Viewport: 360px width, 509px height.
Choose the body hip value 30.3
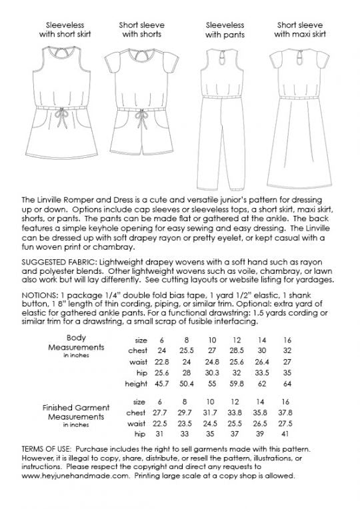(x=211, y=373)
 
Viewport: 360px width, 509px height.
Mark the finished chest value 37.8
(x=287, y=414)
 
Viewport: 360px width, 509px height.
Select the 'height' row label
(x=135, y=385)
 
